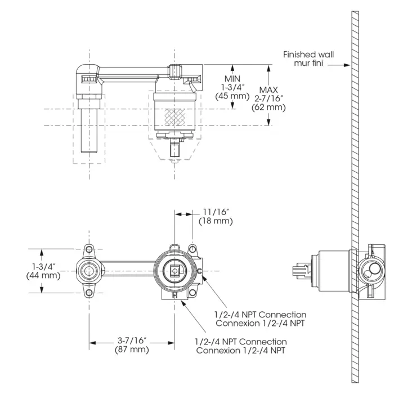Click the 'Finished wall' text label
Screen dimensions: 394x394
(x=308, y=55)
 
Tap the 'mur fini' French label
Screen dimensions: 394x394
(x=308, y=63)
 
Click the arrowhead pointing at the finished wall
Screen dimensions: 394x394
(x=347, y=65)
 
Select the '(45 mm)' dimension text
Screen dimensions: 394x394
(x=232, y=96)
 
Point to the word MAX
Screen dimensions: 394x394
(x=268, y=89)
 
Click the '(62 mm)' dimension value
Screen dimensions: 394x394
(x=268, y=108)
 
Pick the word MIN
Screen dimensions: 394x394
(x=232, y=79)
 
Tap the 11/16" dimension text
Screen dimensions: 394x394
(x=216, y=212)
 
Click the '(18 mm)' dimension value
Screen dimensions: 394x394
(x=216, y=221)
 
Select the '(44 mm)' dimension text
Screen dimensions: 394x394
(x=43, y=275)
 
